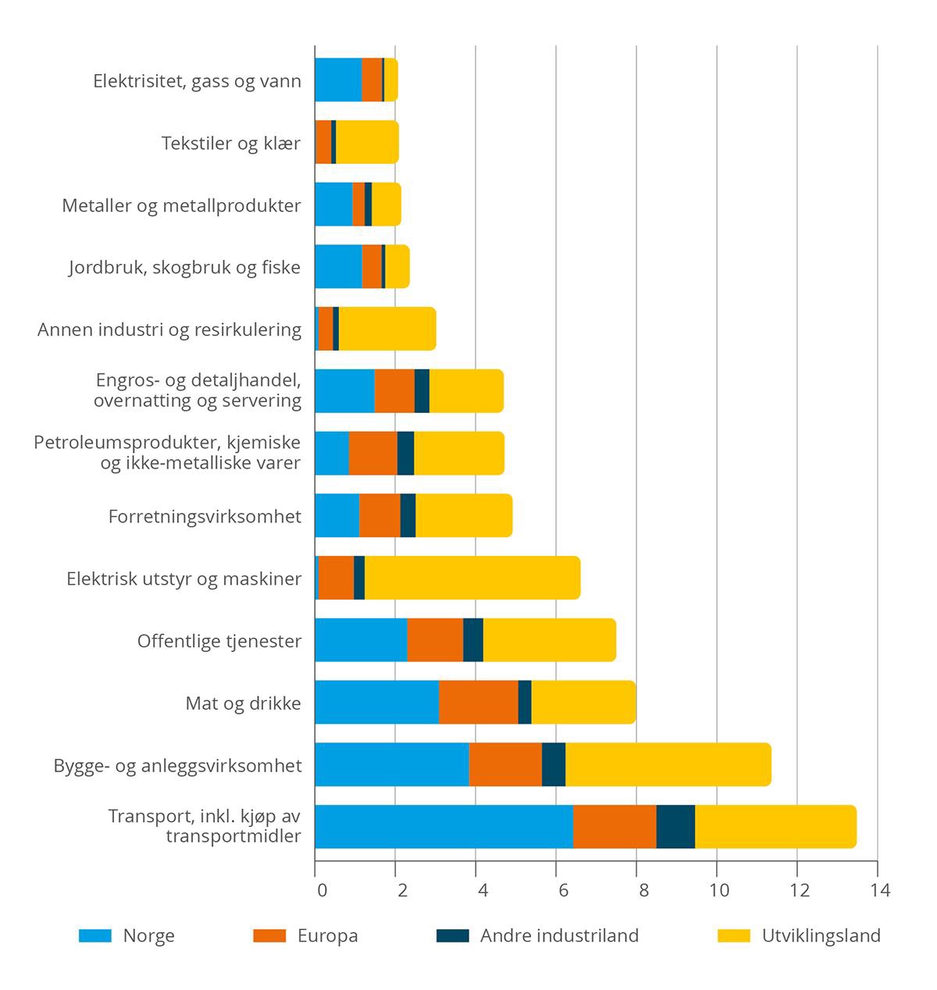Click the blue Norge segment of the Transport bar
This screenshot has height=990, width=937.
pos(444,826)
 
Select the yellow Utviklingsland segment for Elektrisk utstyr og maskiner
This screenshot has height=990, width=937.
pos(472,578)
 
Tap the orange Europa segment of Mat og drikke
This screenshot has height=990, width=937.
pos(479,702)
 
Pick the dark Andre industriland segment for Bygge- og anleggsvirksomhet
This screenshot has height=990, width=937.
pos(554,764)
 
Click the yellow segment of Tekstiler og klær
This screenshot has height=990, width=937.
pos(367,142)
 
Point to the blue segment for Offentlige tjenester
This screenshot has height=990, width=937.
pos(361,640)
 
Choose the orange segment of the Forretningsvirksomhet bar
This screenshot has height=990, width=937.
pos(379,515)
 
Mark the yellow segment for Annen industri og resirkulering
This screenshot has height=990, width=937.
pos(387,329)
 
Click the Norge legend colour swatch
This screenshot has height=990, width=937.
pos(95,935)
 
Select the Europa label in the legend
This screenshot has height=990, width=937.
pos(327,935)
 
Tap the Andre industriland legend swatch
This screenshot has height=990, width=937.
pos(453,935)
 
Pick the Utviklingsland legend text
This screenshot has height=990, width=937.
pos(821,935)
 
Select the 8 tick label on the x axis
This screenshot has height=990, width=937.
pos(636,890)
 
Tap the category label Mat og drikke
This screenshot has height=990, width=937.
pos(243,703)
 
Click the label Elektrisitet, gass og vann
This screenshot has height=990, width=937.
pos(197,81)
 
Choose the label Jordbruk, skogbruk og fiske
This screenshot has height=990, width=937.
pos(184,268)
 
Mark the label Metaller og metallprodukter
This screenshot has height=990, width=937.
pos(181,206)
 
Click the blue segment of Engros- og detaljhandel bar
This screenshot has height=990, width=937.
pos(344,390)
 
